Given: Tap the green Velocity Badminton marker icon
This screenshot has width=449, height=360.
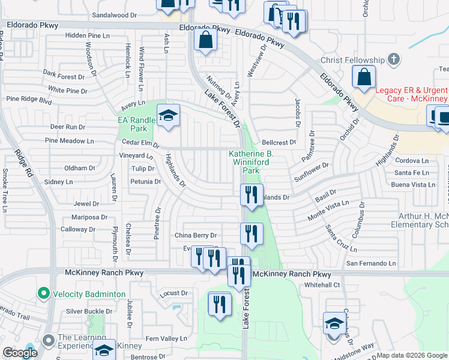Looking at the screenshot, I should tap(43, 294).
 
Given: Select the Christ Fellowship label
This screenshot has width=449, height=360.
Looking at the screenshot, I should tap(352, 60).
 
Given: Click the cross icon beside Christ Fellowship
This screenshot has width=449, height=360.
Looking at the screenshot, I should tap(393, 59).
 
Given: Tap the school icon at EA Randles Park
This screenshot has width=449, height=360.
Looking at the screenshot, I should tap(169, 116).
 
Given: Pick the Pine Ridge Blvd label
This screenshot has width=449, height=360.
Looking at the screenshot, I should tap(29, 100).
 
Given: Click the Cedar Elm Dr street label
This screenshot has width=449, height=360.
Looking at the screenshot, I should tap(139, 144).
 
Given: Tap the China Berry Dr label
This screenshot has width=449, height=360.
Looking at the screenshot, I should tap(195, 235).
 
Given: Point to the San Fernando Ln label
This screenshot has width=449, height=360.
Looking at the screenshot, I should tap(370, 263).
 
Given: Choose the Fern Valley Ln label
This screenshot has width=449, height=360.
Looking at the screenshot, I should tap(166, 339).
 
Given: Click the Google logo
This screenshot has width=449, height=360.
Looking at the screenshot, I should tap(20, 353).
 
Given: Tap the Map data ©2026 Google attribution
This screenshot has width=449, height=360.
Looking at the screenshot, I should tap(412, 355).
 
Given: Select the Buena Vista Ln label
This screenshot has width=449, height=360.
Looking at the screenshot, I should tap(415, 185).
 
